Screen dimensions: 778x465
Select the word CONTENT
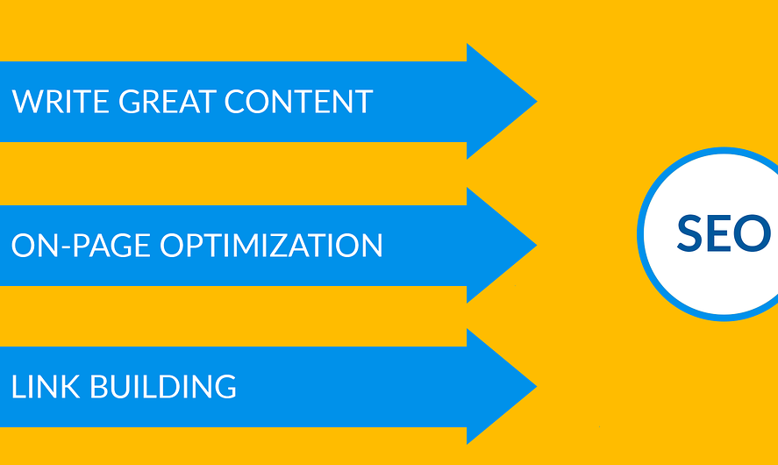[x=299, y=101]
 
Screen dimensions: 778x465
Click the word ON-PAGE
[x=81, y=245]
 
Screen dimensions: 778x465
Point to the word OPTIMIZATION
[x=271, y=245]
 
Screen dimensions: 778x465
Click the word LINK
[x=46, y=387]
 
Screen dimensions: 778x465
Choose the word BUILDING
[x=163, y=387]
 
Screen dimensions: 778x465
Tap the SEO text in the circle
[x=724, y=233]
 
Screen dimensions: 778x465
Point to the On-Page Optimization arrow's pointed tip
[x=537, y=245]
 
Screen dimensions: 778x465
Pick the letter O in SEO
[x=753, y=233]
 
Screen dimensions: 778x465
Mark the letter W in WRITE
[x=25, y=101]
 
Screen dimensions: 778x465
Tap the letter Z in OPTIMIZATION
[x=303, y=245]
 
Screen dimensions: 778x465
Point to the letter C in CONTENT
[x=235, y=101]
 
